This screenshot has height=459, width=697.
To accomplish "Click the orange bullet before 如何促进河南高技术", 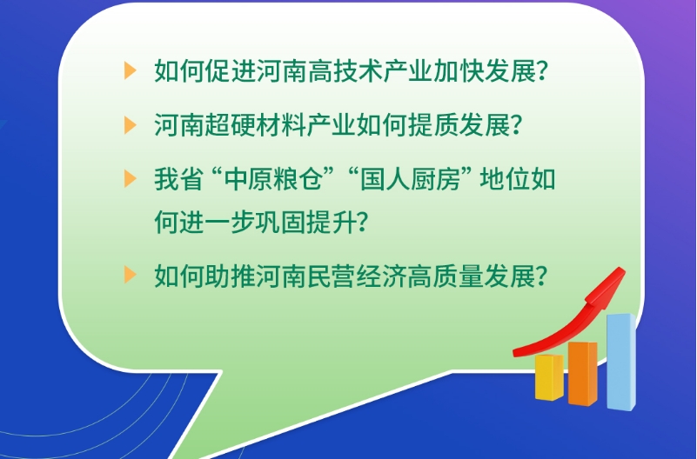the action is pos(130,71).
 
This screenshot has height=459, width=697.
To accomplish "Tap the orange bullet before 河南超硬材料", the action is pos(130,125).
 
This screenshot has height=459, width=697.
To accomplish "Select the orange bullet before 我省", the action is pos(130,179).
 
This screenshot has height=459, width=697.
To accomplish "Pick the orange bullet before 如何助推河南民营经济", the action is pos(130,275).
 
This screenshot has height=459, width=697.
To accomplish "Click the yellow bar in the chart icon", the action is pos(549,377).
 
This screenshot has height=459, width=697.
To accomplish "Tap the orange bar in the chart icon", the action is pos(582,373).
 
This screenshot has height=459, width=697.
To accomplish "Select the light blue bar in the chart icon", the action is pos(621,362).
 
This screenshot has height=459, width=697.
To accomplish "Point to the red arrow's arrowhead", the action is pos(608,285).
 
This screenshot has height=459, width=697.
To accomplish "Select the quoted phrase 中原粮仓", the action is pos(273,179).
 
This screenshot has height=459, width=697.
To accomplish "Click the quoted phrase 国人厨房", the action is pos(409,179).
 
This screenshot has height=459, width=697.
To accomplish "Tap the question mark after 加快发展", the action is pos(542,71).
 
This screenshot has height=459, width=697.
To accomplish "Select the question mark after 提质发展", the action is pos(517,125).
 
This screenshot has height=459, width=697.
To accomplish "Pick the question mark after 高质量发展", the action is pos(542,276).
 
